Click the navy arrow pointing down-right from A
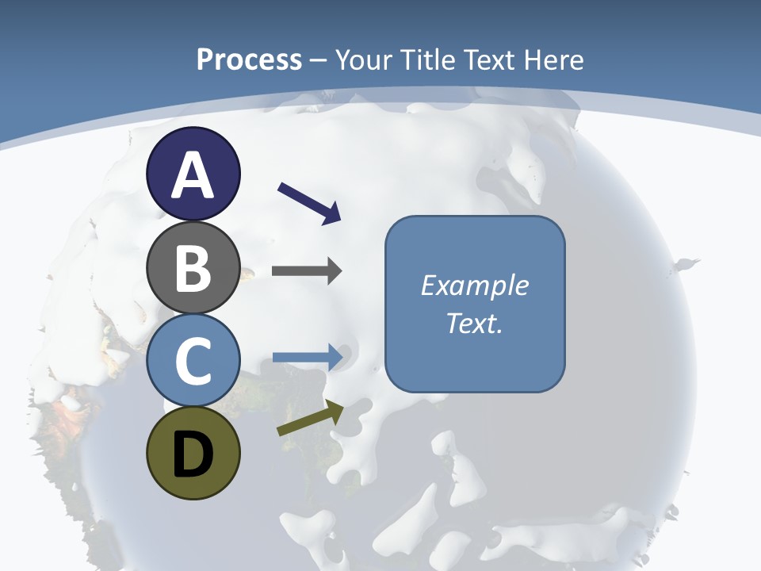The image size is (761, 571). [x=309, y=202]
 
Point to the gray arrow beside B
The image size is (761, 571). [x=307, y=271]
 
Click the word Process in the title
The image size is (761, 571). [x=249, y=59]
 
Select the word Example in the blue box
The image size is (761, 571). [x=474, y=285]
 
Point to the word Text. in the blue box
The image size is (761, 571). [x=474, y=324]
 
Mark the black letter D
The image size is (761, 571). [x=193, y=454]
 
